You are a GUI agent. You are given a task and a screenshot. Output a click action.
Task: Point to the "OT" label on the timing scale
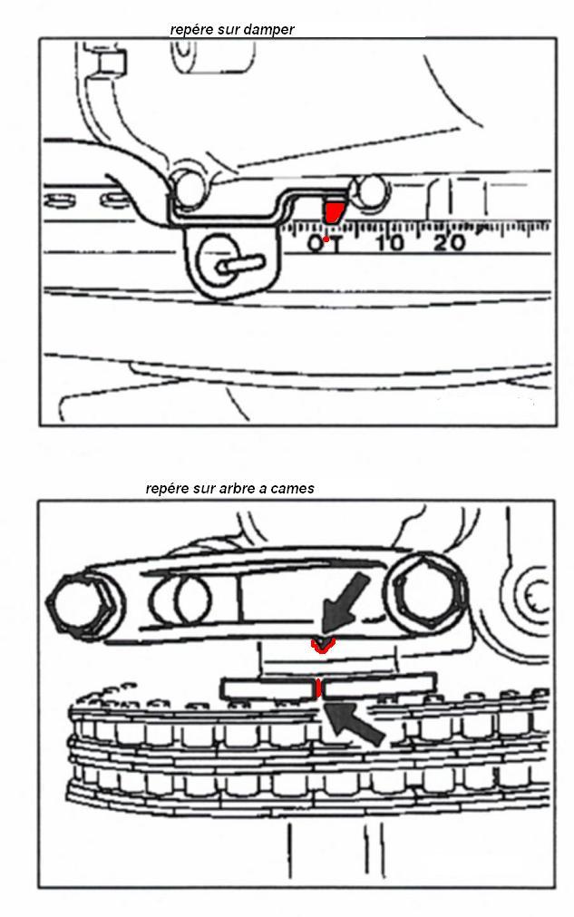(x=325, y=242)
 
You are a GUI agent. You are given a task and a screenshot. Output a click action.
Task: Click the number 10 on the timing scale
(x=390, y=242)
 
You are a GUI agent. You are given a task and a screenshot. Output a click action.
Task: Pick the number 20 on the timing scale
(x=449, y=242)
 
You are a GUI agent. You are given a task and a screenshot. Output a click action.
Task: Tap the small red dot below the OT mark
(x=326, y=239)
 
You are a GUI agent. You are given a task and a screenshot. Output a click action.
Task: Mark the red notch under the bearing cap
(x=322, y=645)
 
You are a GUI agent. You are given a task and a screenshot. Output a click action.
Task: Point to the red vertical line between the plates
(x=318, y=688)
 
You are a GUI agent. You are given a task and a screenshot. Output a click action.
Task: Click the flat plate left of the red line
(x=268, y=689)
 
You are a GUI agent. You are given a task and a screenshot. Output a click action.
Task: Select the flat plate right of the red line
(x=379, y=686)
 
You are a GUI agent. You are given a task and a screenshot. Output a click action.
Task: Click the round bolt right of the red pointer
(x=368, y=190)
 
